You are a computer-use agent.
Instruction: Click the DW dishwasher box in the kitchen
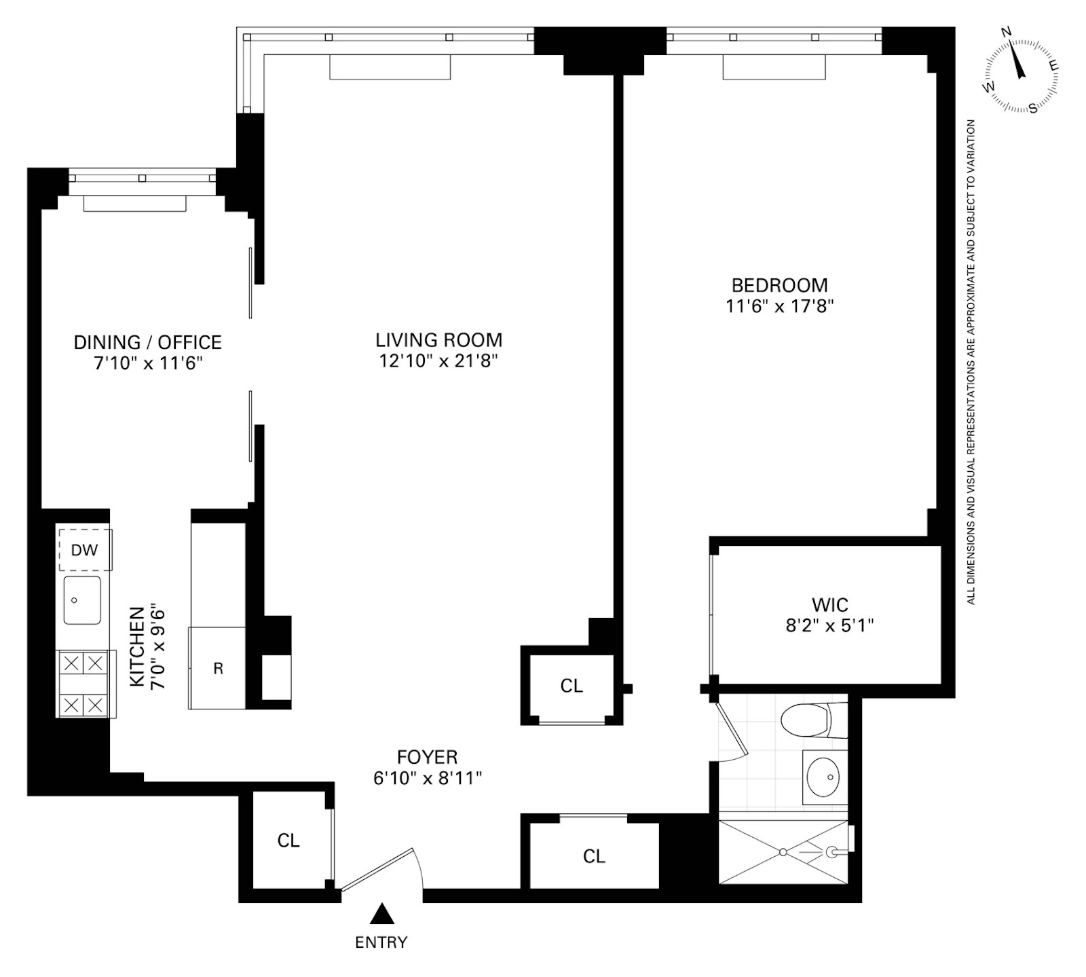pos(85,550)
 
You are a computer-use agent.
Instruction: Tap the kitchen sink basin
pos(82,600)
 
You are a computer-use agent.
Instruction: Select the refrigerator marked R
pos(217,668)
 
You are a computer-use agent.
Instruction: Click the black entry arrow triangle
pos(382,914)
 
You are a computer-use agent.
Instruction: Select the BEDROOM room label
pos(779,285)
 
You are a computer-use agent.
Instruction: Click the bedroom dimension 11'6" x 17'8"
pos(779,307)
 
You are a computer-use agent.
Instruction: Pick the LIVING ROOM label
pos(439,339)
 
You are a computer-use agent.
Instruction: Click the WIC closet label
pos(829,604)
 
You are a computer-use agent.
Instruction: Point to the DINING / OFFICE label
pos(148,342)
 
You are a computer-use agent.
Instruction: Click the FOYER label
pos(427,756)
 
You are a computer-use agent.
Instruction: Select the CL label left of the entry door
pos(288,841)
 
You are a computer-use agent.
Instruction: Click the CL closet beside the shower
pos(594,857)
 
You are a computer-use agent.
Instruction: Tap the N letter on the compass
pos(1007,50)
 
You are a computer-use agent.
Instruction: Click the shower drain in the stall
pos(783,851)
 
